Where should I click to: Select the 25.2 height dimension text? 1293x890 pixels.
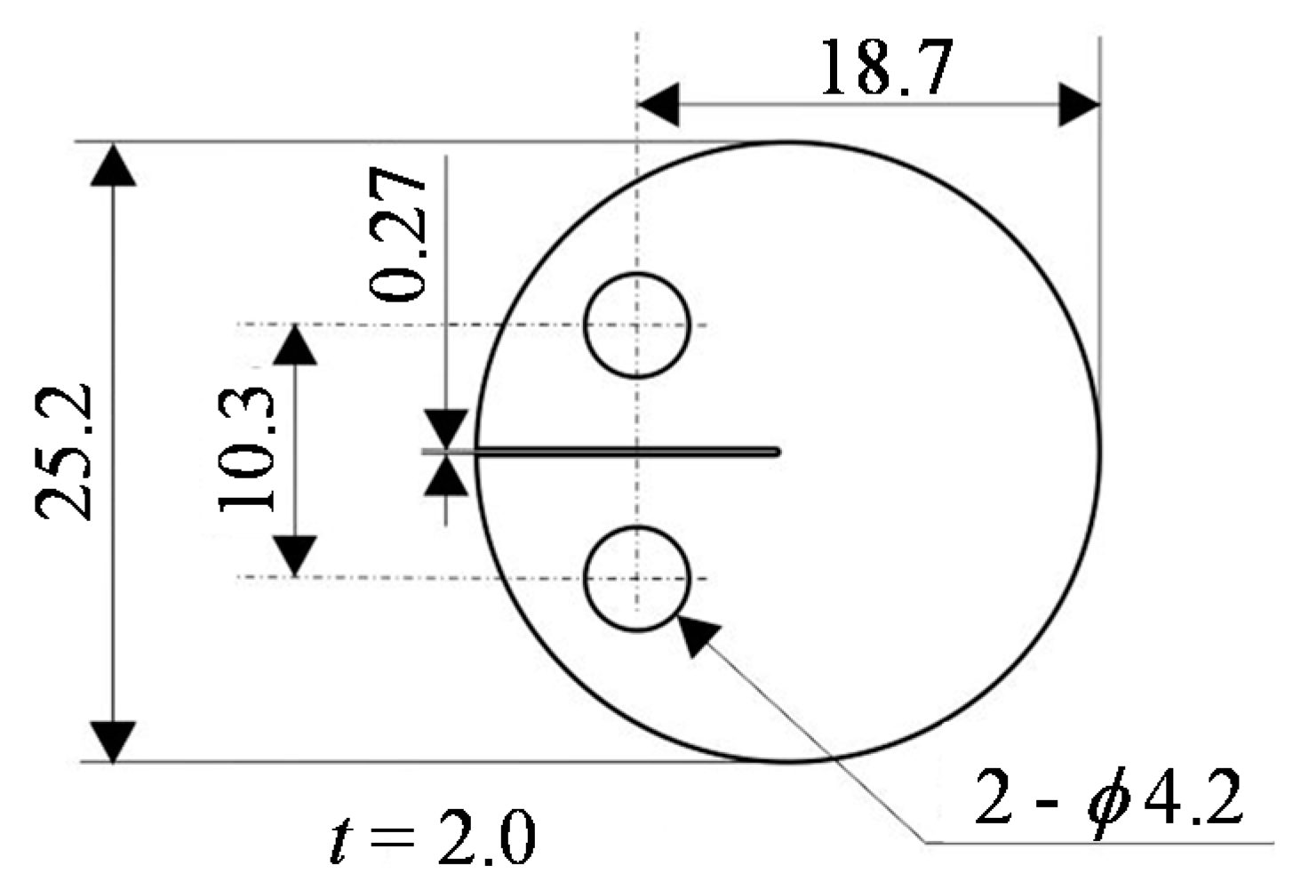pyautogui.click(x=64, y=451)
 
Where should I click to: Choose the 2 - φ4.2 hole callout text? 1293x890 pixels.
pyautogui.click(x=1107, y=798)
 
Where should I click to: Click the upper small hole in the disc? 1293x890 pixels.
pyautogui.click(x=636, y=325)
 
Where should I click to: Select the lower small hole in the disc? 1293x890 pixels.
pyautogui.click(x=636, y=578)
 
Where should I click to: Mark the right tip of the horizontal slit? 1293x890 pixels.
pyautogui.click(x=777, y=452)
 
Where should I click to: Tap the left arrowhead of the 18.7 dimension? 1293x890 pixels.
pyautogui.click(x=658, y=105)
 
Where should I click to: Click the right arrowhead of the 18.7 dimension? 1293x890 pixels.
pyautogui.click(x=1079, y=105)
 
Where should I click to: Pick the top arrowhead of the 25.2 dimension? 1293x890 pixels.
pyautogui.click(x=114, y=164)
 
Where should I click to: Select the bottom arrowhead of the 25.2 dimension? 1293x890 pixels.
pyautogui.click(x=114, y=741)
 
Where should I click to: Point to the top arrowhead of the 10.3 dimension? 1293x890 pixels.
pyautogui.click(x=295, y=345)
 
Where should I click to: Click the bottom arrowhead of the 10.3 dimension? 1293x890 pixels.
pyautogui.click(x=295, y=557)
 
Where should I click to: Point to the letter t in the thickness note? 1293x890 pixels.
pyautogui.click(x=339, y=840)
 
